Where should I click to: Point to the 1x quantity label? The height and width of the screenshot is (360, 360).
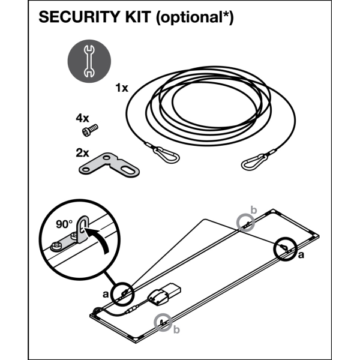pyautogui.click(x=121, y=88)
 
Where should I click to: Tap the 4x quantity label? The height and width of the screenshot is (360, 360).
pyautogui.click(x=82, y=118)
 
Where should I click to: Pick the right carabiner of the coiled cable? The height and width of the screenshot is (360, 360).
pyautogui.click(x=254, y=161)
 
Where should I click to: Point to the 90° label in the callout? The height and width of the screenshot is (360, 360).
pyautogui.click(x=64, y=224)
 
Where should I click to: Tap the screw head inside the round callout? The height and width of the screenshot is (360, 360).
pyautogui.click(x=57, y=246)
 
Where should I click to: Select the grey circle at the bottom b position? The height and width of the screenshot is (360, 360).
pyautogui.click(x=162, y=323)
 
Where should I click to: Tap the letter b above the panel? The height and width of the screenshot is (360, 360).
pyautogui.click(x=253, y=209)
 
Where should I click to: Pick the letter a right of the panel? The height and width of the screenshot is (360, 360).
pyautogui.click(x=301, y=254)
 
